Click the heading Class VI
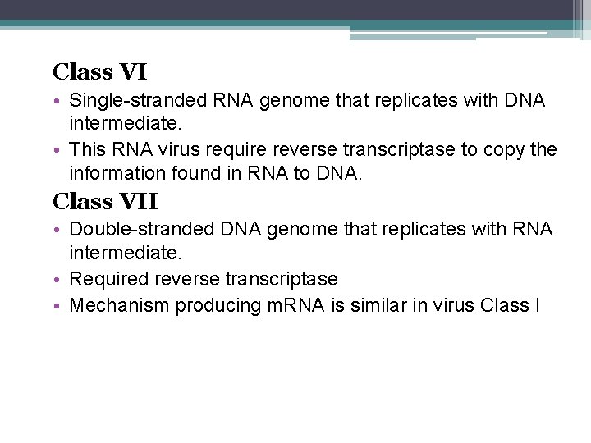click(x=99, y=72)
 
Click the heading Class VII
click(x=105, y=200)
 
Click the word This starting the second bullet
click(x=88, y=150)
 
